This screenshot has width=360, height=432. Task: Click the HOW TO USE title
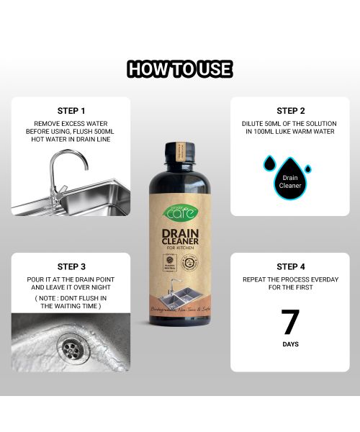180,69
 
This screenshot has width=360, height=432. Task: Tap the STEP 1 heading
71,111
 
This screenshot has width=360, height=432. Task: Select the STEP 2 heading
290,111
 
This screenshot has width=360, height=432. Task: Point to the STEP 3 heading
71,266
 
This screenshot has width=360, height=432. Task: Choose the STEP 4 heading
290,266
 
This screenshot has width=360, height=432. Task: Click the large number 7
290,322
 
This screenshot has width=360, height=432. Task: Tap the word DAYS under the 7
290,345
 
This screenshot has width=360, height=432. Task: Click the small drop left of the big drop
268,163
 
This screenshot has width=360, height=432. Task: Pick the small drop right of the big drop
308,169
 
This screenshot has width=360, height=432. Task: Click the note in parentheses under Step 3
71,302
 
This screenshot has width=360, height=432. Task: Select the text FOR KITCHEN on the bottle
180,248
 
